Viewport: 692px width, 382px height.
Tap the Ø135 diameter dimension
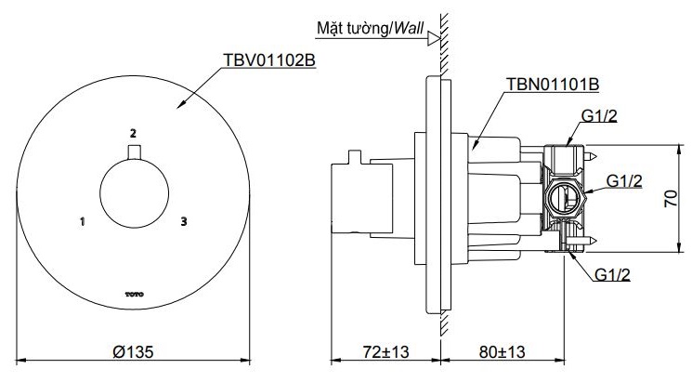tap(135, 351)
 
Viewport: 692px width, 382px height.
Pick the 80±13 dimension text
tap(502, 351)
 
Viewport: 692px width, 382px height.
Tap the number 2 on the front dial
tap(134, 132)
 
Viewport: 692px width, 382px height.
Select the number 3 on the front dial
tap(184, 221)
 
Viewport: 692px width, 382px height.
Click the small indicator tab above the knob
tap(134, 152)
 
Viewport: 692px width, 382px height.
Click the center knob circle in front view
tap(134, 193)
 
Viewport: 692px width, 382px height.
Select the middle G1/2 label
tap(624, 181)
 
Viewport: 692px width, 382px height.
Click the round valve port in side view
tap(564, 197)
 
